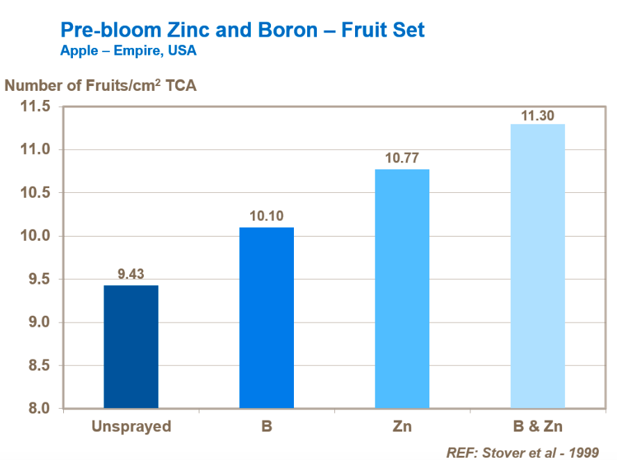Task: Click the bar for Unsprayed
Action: (131, 346)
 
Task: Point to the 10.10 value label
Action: (266, 216)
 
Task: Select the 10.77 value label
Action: (402, 158)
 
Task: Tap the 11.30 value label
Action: (537, 115)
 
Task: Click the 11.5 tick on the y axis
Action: (35, 107)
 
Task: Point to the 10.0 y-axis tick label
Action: (35, 237)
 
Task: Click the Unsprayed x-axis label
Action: (131, 426)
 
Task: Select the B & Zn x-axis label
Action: (537, 426)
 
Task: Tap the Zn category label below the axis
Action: (402, 426)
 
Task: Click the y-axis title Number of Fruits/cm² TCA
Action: (101, 86)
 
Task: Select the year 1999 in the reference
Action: (582, 452)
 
